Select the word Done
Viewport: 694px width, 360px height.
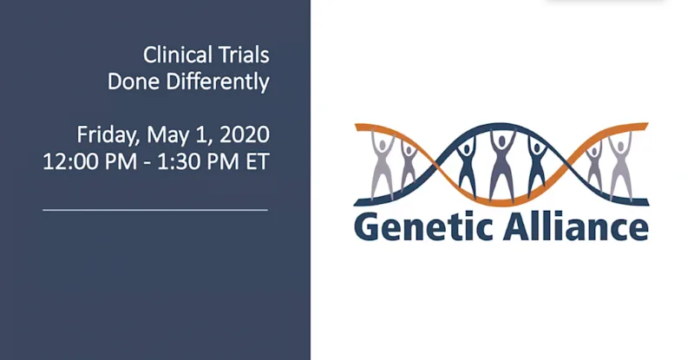coord(134,82)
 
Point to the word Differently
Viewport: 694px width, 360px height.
coord(218,82)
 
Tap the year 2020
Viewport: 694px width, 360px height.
coord(245,134)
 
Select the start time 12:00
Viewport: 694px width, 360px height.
coord(70,161)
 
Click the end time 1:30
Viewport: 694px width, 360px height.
coord(177,161)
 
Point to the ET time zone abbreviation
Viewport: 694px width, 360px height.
coord(258,161)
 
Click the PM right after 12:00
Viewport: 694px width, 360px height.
coord(121,161)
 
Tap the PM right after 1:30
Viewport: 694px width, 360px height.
coord(221,161)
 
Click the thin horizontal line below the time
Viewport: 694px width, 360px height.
coord(155,210)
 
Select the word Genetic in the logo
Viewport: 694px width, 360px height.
coord(424,226)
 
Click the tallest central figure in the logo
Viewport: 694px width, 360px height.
coord(501,165)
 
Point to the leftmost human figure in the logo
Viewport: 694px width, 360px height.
coord(383,165)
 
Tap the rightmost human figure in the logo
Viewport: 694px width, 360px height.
coord(620,165)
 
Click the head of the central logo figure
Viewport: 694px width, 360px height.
coord(501,141)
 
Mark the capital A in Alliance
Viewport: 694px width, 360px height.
coord(516,226)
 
